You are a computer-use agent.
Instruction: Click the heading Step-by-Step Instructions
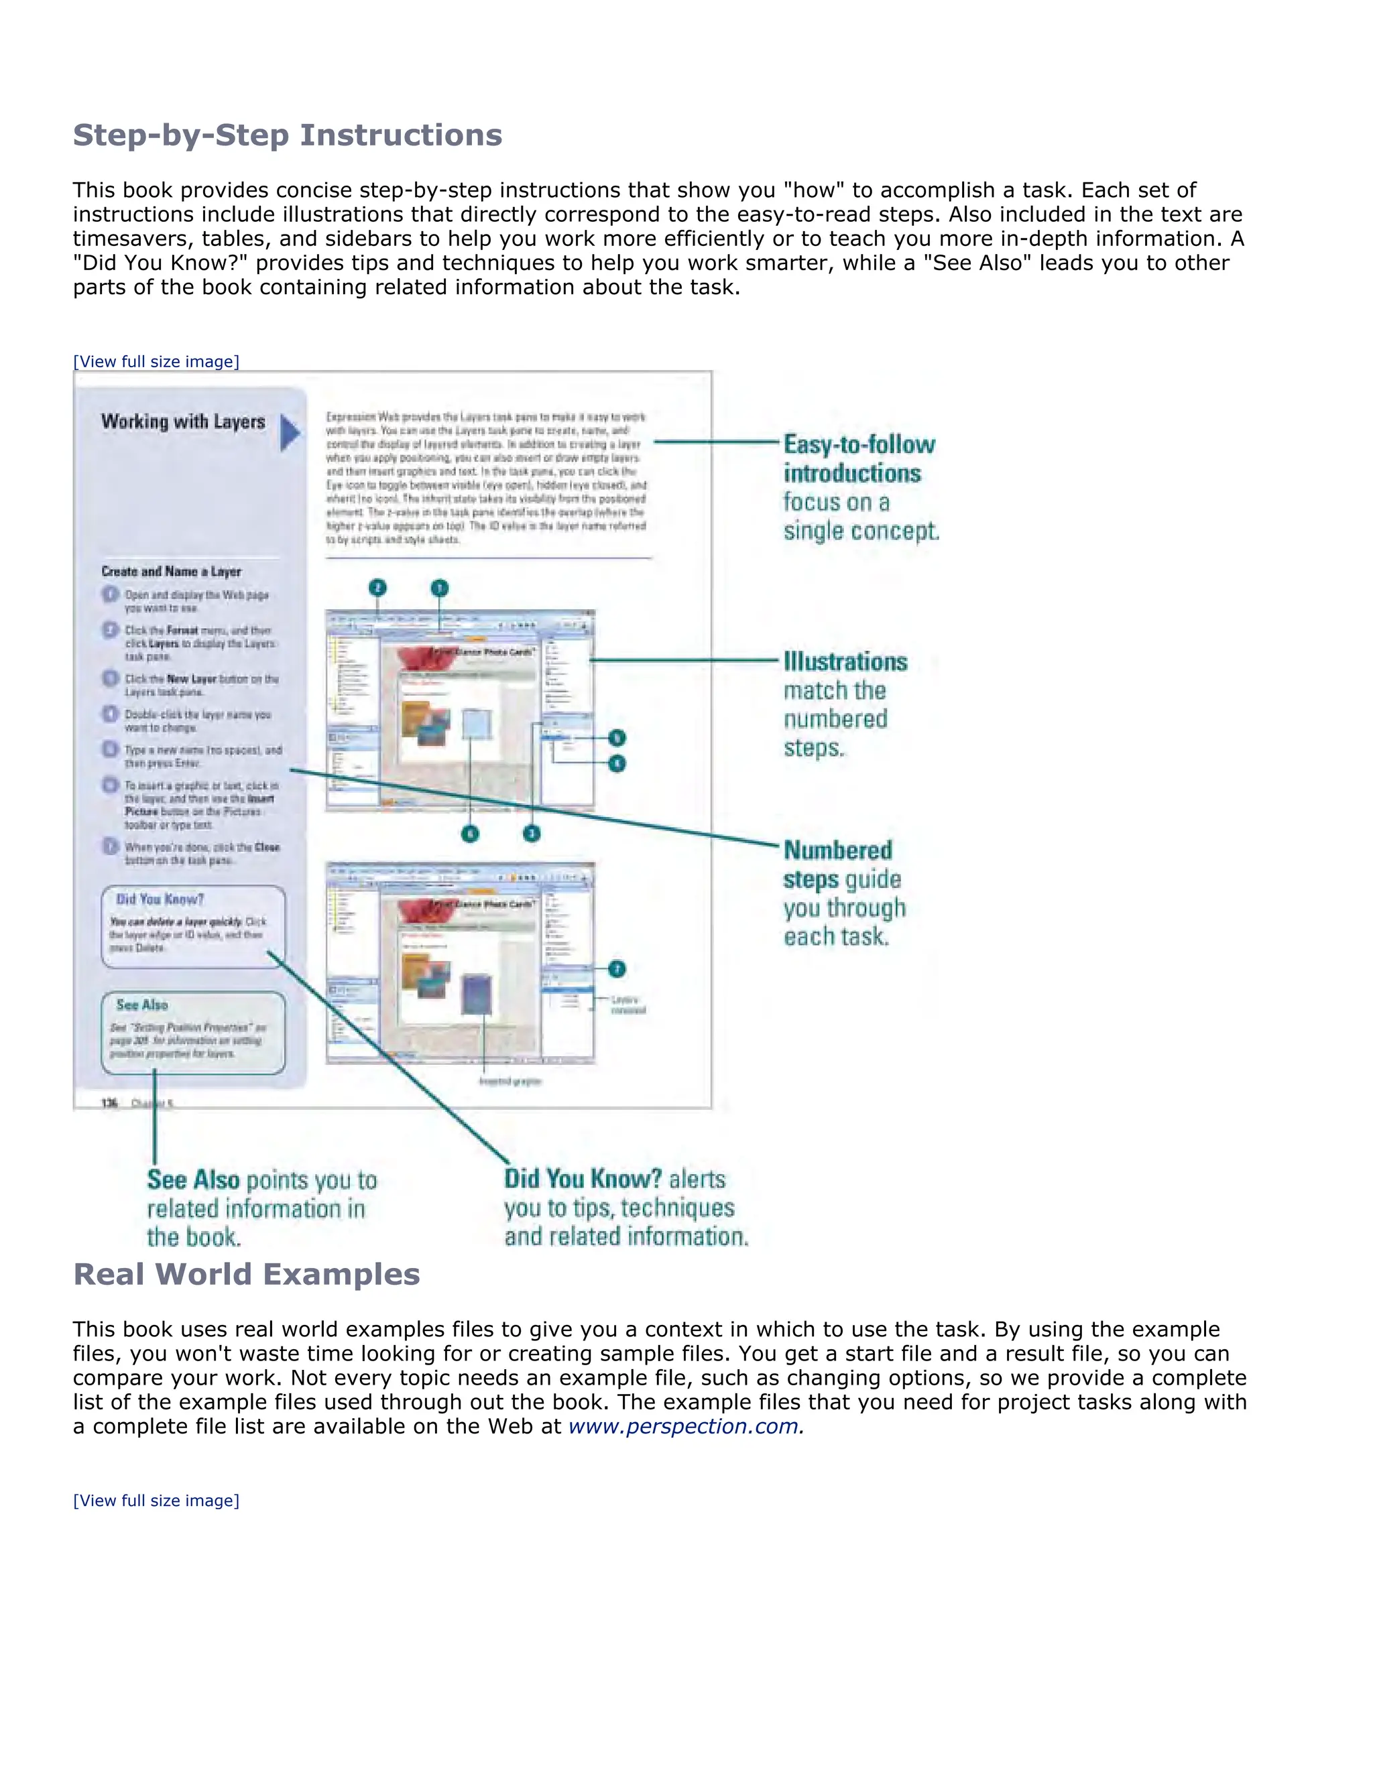(287, 135)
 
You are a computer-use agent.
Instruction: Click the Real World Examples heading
(247, 1274)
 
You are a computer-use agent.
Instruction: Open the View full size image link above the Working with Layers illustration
(156, 362)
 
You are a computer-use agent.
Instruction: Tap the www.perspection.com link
(683, 1426)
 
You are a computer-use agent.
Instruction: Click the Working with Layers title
(183, 422)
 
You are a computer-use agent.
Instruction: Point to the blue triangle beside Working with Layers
(290, 433)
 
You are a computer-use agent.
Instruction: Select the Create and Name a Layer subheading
(171, 572)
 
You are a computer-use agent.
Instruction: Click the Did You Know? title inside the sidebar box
(160, 899)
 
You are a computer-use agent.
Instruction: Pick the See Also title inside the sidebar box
(141, 1005)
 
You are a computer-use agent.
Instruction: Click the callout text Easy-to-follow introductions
(859, 458)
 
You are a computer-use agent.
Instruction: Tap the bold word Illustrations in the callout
(845, 662)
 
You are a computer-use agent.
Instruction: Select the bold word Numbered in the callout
(838, 850)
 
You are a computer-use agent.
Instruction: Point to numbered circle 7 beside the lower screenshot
(617, 968)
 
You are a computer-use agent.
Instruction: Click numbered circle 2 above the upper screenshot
(377, 588)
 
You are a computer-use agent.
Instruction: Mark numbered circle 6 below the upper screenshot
(470, 834)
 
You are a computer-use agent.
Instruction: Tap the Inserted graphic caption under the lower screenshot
(510, 1082)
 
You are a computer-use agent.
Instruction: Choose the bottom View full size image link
(156, 1501)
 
